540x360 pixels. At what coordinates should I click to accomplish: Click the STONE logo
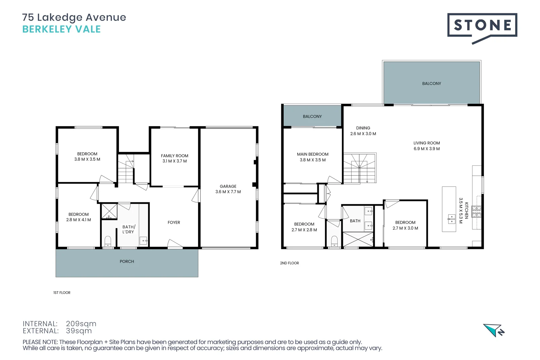[x=482, y=26]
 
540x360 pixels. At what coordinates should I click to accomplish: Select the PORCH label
[x=127, y=262]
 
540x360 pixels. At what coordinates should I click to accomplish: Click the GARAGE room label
[x=228, y=186]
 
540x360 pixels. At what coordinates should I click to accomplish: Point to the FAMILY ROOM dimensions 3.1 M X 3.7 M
[x=174, y=161]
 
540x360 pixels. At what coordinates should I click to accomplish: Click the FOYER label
[x=174, y=223]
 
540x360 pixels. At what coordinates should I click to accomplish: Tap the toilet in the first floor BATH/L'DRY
[x=108, y=241]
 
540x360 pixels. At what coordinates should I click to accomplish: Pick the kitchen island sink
[x=452, y=219]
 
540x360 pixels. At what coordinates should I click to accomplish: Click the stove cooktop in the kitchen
[x=476, y=212]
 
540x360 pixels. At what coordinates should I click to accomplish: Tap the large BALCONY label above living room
[x=431, y=84]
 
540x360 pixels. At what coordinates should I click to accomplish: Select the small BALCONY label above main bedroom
[x=312, y=117]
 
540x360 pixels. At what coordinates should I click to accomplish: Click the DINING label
[x=363, y=128]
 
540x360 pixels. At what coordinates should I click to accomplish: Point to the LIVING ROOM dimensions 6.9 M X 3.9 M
[x=426, y=149]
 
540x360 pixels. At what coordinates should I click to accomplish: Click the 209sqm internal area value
[x=81, y=324]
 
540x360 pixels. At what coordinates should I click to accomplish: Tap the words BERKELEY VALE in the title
[x=61, y=29]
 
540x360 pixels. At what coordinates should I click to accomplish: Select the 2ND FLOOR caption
[x=289, y=263]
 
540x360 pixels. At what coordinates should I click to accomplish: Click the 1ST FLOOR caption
[x=62, y=293]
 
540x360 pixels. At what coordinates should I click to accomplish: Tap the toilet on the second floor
[x=334, y=240]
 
